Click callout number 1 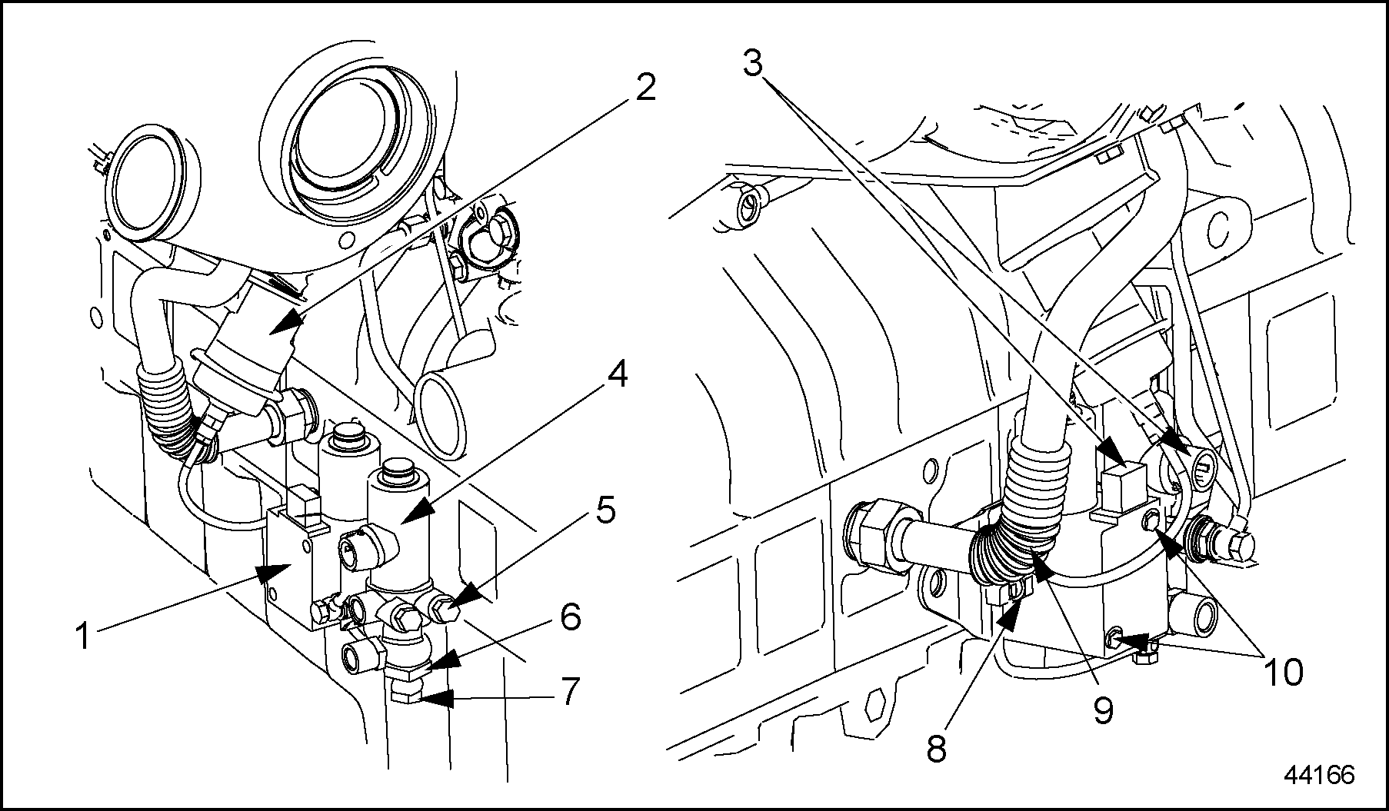[85, 637]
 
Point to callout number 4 [617, 376]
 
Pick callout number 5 [607, 510]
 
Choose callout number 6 [570, 617]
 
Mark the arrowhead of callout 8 [1012, 612]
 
